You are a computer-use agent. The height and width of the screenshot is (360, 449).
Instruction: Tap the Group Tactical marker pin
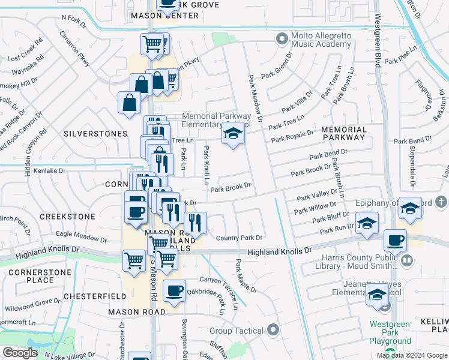click(x=274, y=330)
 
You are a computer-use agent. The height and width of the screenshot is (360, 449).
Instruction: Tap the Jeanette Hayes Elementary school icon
click(x=378, y=295)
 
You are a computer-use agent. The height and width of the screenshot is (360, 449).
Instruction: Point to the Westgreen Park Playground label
click(x=390, y=332)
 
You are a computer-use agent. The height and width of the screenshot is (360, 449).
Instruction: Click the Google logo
click(x=20, y=353)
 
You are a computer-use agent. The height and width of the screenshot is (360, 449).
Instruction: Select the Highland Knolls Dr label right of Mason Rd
click(x=280, y=252)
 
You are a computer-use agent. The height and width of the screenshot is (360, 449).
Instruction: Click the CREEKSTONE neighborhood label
click(x=67, y=216)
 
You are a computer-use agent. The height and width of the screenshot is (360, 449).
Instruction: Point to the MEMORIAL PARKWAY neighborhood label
click(x=343, y=133)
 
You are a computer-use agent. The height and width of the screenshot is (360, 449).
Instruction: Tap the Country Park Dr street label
click(x=240, y=238)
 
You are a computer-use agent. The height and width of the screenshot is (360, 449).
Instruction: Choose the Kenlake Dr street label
click(x=50, y=171)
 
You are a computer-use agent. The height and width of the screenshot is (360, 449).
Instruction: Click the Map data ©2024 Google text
click(x=412, y=355)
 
